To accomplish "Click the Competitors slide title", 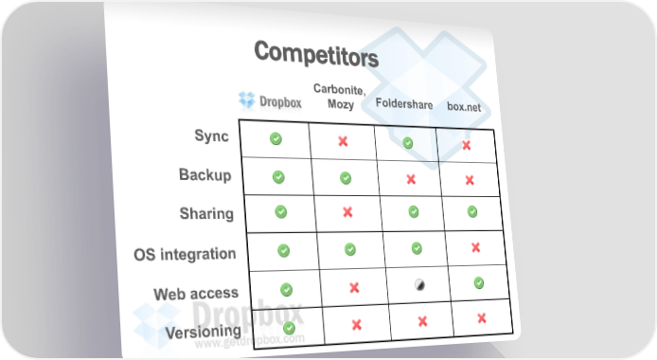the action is (316, 54).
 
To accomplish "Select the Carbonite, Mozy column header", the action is (340, 97).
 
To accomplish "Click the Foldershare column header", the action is (404, 103).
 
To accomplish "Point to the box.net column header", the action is (464, 106).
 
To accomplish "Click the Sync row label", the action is (212, 135).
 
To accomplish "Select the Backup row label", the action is (204, 174).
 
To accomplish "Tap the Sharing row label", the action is (206, 213).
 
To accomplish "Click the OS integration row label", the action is (185, 254).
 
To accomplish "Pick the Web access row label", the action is (196, 294).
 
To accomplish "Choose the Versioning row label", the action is (204, 332).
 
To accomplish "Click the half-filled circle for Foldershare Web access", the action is (419, 285).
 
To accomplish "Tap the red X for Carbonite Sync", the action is (343, 141).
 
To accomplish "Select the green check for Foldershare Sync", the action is (408, 143).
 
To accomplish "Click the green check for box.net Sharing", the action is (472, 211).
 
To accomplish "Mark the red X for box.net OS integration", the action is (475, 247).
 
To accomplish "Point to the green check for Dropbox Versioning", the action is (289, 328).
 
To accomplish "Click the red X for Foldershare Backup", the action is (411, 179).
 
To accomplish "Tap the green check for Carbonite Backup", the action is (346, 178).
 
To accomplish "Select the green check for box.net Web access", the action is (478, 283).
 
